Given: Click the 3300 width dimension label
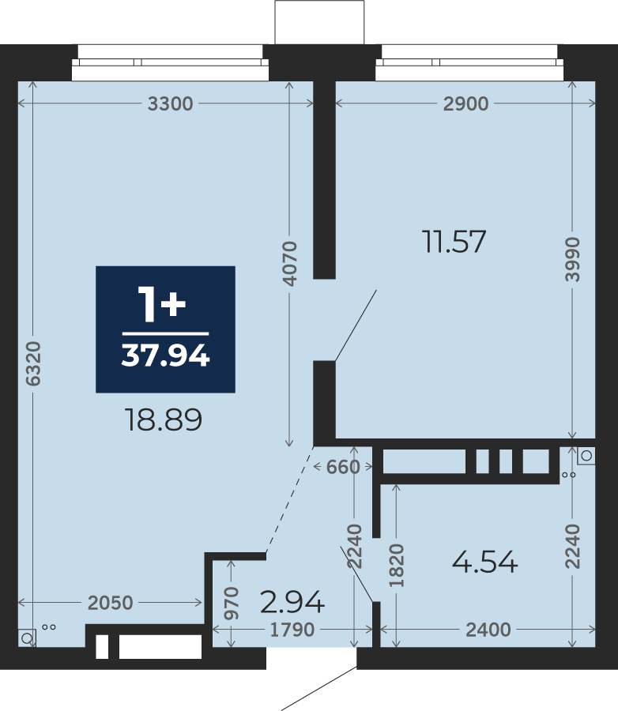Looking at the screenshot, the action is coord(170,103).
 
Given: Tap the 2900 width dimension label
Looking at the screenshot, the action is coord(465,103).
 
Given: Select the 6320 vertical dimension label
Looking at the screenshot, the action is coord(33,363).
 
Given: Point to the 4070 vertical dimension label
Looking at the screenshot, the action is coord(289,263).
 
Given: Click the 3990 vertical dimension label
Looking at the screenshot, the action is coord(573,259).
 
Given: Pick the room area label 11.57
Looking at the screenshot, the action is coord(454,241).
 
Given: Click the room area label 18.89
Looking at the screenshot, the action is coord(164,419).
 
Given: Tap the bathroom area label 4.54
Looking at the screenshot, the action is coord(484,562).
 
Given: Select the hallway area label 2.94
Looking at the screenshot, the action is coord(292,602).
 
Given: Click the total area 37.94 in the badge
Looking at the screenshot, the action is coord(166,355).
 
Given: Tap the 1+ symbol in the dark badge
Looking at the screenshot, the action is coord(162,304).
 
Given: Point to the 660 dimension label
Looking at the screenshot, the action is coord(343,467).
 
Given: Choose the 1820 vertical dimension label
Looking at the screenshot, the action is coord(397,565).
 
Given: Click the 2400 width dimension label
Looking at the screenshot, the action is coord(488,630).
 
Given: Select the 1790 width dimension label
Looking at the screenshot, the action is coord(292,630).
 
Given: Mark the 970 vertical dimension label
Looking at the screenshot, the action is coord(232,603).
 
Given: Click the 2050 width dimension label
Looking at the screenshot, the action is coord(111,603).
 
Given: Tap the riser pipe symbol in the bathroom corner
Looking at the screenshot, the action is coord(586,456).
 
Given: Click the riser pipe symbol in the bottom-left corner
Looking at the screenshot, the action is coord(27,638).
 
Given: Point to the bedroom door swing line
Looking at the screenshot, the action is coord(356,325).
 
